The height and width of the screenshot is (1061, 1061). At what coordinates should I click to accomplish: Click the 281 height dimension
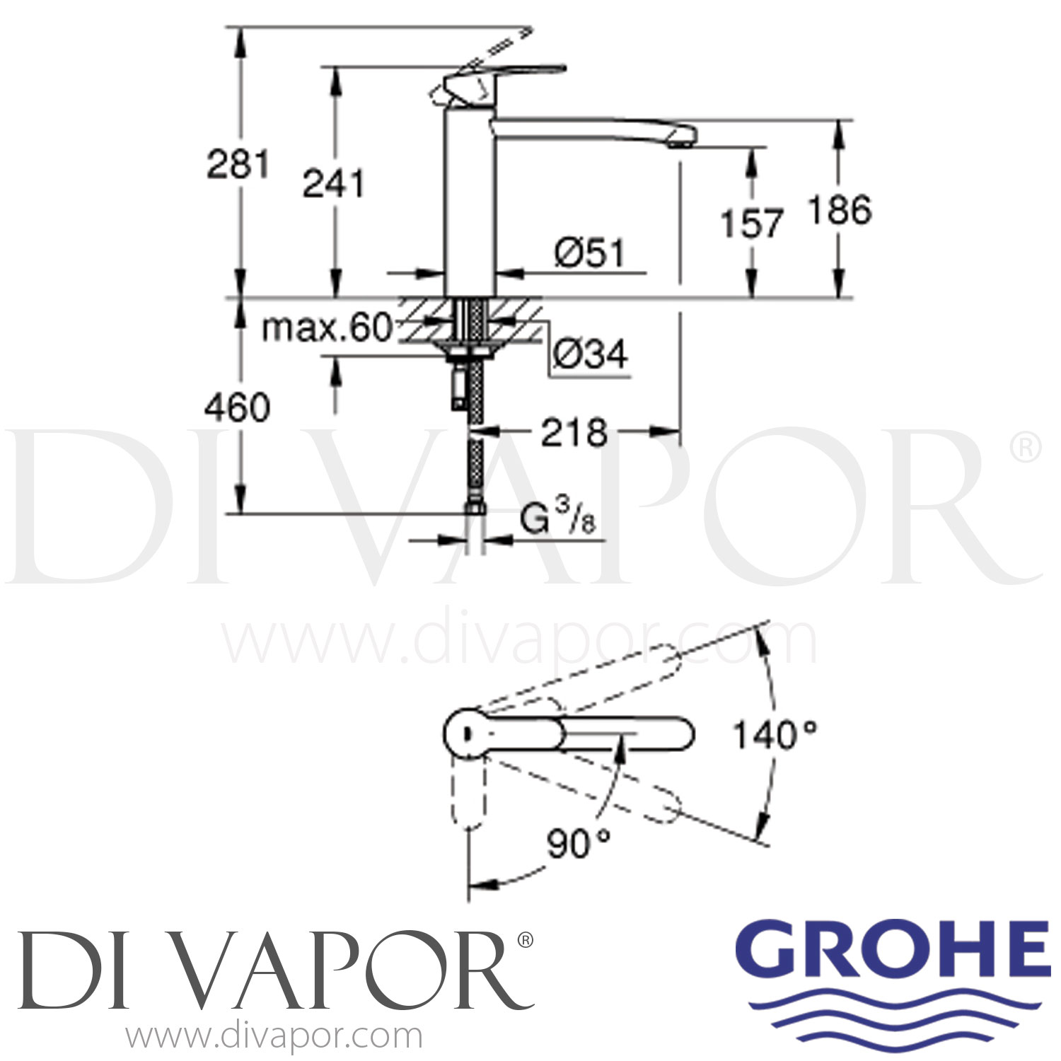238,165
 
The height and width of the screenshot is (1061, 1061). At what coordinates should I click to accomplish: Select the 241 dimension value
333,184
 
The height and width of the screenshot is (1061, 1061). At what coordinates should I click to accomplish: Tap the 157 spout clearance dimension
752,224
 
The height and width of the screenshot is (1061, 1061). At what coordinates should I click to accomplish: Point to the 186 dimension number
840,211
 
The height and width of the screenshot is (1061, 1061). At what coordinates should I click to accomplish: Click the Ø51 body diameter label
590,253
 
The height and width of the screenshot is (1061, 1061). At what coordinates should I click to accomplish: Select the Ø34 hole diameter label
590,354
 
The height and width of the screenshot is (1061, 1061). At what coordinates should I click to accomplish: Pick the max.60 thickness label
326,328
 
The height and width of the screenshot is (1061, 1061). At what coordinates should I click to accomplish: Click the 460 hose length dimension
237,408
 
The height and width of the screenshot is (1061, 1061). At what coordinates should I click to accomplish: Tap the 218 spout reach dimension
574,432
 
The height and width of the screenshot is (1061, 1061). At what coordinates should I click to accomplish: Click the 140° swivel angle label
775,735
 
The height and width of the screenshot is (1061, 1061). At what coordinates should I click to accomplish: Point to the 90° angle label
578,843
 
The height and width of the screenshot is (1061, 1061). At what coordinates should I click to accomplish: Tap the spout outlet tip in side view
680,144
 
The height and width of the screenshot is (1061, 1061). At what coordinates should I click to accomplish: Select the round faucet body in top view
468,732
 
